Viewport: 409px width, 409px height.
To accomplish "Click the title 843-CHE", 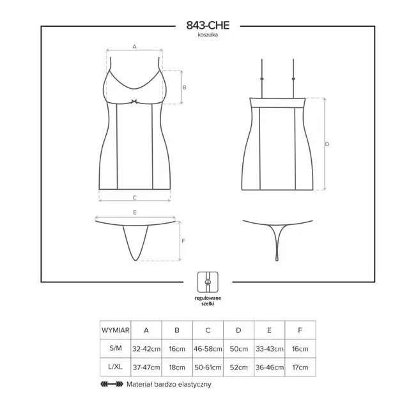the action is point(208,26).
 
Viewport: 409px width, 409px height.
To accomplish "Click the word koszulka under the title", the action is point(208,35).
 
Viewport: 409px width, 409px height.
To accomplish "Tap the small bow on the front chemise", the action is point(134,102).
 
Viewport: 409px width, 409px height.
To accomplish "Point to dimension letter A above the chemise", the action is point(134,47).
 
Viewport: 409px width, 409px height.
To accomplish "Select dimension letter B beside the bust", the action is point(185,88).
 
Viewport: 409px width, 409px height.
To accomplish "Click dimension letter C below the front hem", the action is point(135,197).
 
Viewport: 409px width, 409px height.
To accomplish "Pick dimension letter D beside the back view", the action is point(327,144).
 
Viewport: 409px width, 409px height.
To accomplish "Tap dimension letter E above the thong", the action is point(135,213).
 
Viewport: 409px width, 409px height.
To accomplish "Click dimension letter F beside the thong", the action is point(183,241).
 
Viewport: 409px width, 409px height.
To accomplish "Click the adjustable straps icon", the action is point(208,282).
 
